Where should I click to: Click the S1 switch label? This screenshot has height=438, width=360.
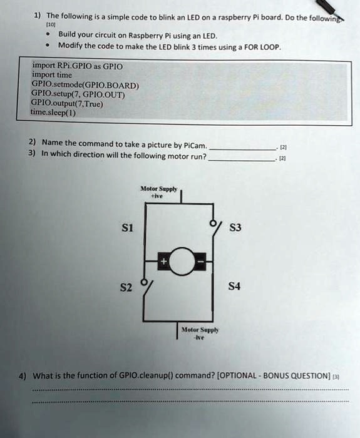[128, 228]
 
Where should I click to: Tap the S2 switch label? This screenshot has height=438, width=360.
[126, 287]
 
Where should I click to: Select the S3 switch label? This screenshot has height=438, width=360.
[235, 227]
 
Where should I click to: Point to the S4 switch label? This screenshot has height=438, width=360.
[234, 286]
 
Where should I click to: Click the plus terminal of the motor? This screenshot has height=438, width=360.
[164, 262]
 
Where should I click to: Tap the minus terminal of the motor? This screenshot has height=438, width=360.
[200, 262]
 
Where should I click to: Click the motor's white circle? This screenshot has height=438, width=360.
[182, 262]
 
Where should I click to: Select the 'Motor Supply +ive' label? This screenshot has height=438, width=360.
[158, 192]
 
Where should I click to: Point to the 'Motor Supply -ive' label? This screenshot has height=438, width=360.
[200, 334]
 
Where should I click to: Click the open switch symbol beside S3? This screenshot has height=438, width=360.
[216, 228]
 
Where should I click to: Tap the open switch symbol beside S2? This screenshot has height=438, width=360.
[147, 288]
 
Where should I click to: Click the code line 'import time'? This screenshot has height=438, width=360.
[52, 75]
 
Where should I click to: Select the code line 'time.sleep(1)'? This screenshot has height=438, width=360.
[53, 113]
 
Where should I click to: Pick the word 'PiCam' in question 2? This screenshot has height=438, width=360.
[195, 146]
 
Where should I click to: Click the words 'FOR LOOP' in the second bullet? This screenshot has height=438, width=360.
[262, 47]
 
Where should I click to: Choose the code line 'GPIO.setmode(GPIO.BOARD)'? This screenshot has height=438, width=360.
[85, 84]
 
